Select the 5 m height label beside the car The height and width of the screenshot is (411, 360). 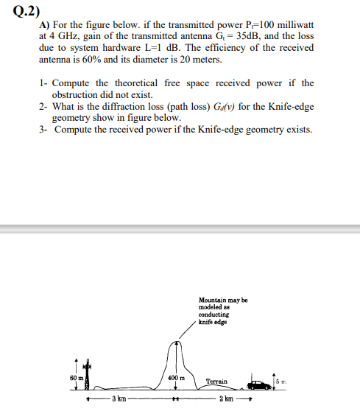point(283,380)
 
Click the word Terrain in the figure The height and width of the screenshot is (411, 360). point(216,382)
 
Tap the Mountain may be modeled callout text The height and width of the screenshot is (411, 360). point(222,309)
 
